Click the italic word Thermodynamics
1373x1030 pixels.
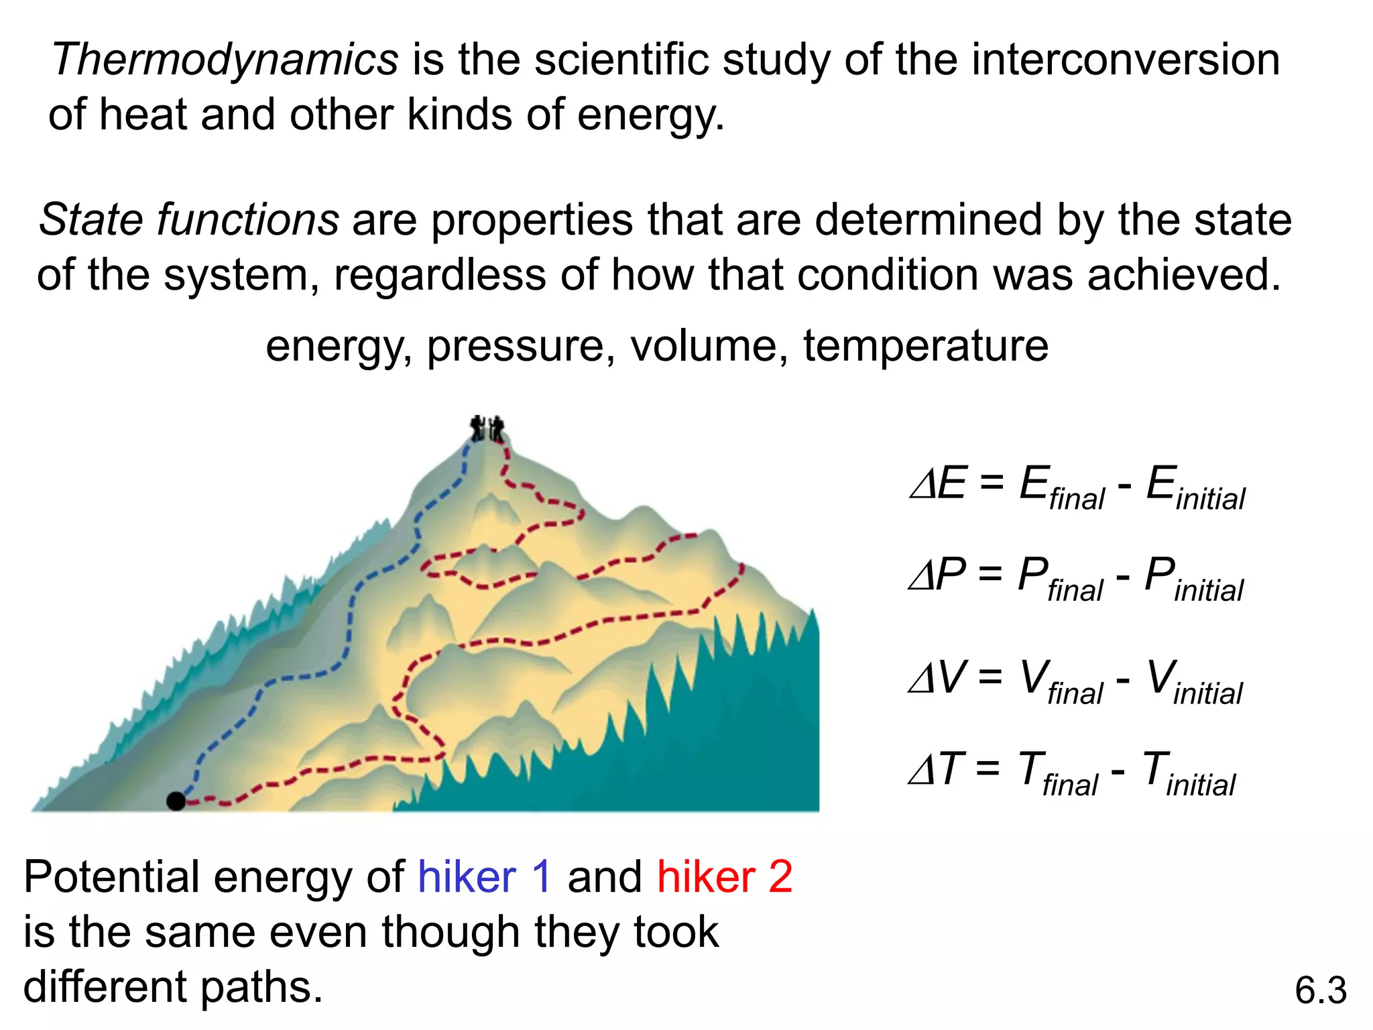[225, 60]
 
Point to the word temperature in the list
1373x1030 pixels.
[926, 347]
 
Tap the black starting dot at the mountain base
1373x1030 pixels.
[176, 801]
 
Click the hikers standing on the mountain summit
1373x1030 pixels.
[487, 428]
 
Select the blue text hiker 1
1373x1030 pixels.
[485, 877]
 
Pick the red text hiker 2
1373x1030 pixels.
[725, 877]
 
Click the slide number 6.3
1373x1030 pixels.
[1320, 990]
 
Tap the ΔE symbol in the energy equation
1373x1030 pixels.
[938, 483]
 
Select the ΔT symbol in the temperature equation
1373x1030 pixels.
[936, 769]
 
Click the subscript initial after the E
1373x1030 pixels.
[1210, 500]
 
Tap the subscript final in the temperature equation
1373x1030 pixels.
[1070, 785]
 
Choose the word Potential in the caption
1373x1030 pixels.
[111, 877]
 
